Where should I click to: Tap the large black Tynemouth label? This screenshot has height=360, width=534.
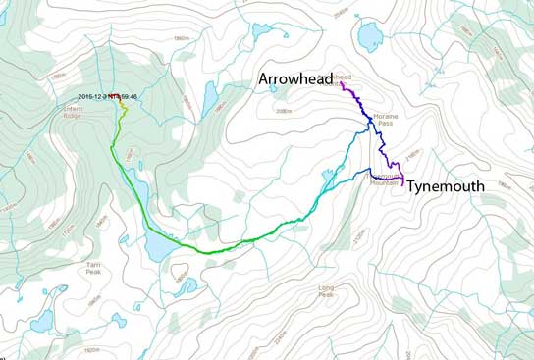pyautogui.click(x=445, y=185)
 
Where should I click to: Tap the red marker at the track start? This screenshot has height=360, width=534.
pyautogui.click(x=113, y=95)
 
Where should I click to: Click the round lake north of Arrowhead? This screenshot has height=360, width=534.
pyautogui.click(x=370, y=37)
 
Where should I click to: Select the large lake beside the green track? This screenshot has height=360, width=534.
pyautogui.click(x=156, y=247)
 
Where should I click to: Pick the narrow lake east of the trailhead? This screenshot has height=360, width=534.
pyautogui.click(x=209, y=95)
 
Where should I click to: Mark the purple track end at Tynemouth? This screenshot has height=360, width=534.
pyautogui.click(x=402, y=182)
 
